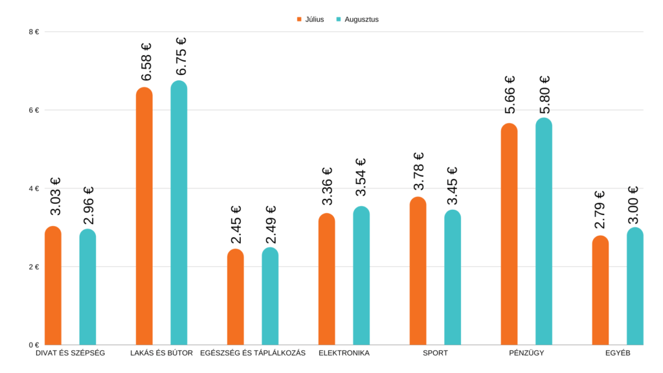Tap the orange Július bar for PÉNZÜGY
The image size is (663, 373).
point(510,234)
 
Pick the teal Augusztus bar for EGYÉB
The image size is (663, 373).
point(635,286)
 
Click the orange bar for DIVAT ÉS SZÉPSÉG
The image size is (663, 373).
point(53,285)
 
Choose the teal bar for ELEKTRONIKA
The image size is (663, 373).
point(361,275)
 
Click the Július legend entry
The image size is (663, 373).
point(310,19)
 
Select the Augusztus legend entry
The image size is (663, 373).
point(357,19)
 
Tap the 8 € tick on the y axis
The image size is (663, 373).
point(34,32)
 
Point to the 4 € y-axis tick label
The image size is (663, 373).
point(34,188)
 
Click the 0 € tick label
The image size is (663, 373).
point(34,345)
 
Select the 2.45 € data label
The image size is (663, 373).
point(236,225)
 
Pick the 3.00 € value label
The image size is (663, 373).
point(635,203)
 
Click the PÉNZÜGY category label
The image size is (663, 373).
point(526,354)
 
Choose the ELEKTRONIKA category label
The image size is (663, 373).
point(344,354)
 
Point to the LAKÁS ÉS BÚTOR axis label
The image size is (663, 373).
point(161,354)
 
